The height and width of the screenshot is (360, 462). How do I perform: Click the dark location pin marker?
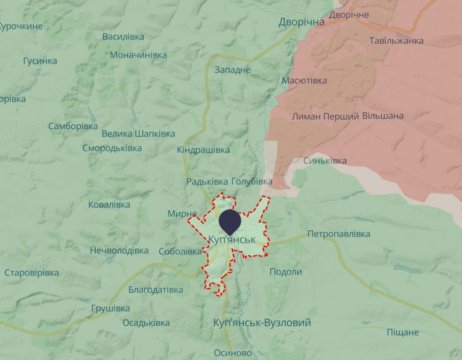click(x=230, y=221)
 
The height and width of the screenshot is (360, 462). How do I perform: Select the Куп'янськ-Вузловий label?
click(x=262, y=323)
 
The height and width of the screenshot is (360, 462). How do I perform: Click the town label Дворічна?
click(x=302, y=22)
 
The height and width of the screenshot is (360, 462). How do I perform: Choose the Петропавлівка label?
click(x=338, y=234)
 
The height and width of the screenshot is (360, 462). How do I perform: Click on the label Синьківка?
click(x=325, y=161)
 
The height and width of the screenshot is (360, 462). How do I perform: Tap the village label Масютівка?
click(x=304, y=81)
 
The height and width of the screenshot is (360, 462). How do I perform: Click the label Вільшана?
click(x=383, y=116)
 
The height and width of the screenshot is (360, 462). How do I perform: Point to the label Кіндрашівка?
click(x=203, y=150)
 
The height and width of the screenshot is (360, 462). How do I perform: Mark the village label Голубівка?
click(x=252, y=181)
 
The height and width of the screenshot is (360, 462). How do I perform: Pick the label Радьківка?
click(x=207, y=181)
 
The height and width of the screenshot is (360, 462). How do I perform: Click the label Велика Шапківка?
click(x=138, y=134)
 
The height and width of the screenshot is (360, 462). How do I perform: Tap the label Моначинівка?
click(x=138, y=55)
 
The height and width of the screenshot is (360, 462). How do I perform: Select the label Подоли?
click(x=285, y=271)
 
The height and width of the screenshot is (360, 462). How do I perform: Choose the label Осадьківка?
click(x=146, y=323)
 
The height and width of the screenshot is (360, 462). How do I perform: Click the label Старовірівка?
click(x=32, y=273)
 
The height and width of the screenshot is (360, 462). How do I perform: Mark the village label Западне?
click(x=232, y=69)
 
